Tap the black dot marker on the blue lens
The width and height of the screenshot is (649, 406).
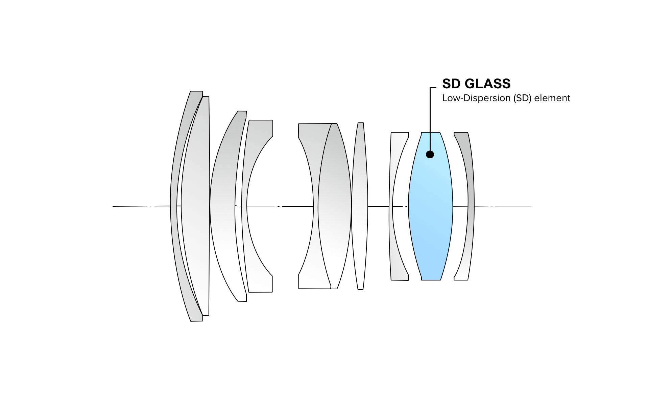pyautogui.click(x=430, y=154)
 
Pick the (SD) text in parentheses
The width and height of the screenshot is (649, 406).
pyautogui.click(x=523, y=98)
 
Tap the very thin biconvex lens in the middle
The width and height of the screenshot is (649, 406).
pyautogui.click(x=360, y=206)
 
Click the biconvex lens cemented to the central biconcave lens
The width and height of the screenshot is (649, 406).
pyautogui.click(x=335, y=206)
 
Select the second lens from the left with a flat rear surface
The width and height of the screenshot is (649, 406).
pyautogui.click(x=196, y=206)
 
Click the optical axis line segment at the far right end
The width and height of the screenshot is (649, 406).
pyautogui.click(x=514, y=206)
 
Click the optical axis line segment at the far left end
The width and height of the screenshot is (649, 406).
pyautogui.click(x=128, y=206)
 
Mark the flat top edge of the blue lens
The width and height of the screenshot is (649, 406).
pyautogui.click(x=431, y=132)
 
